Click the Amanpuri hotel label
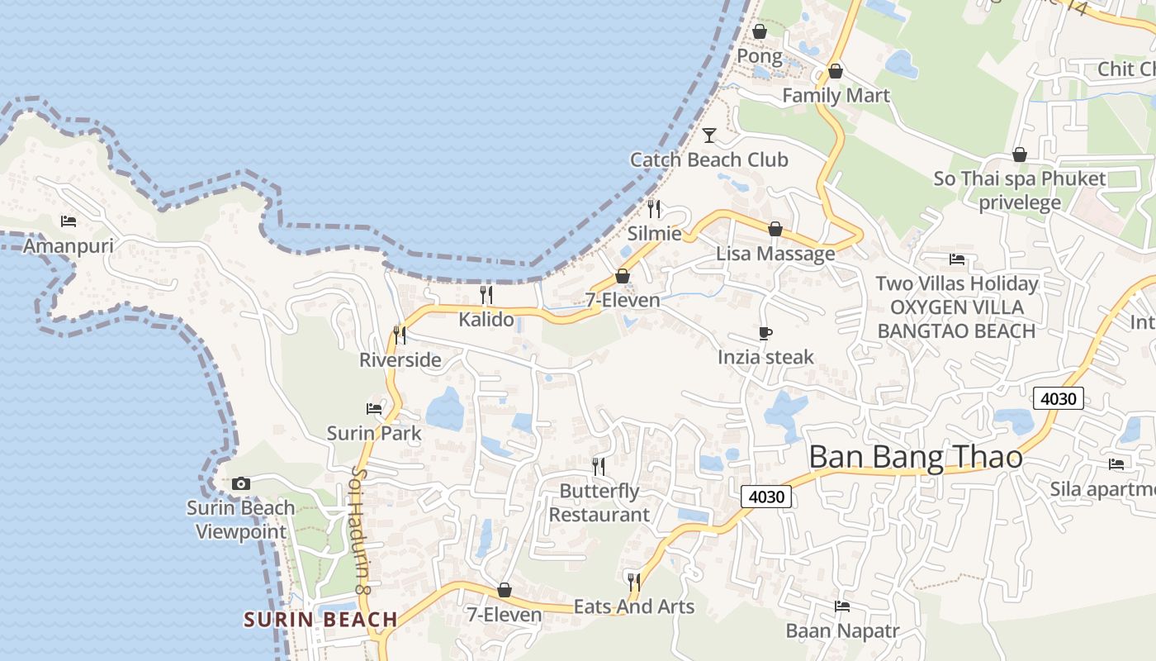(x=68, y=246)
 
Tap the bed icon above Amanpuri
(x=69, y=221)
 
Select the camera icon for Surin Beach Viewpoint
(x=240, y=483)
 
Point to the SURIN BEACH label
(x=320, y=619)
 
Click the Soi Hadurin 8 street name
(x=360, y=530)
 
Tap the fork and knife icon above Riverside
(x=400, y=335)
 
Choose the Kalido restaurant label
(x=486, y=319)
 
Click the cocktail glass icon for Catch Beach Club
(x=708, y=135)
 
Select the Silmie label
(x=654, y=233)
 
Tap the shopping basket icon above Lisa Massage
(x=775, y=229)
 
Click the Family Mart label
(x=836, y=96)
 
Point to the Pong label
(x=759, y=56)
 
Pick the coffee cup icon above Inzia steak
(x=765, y=333)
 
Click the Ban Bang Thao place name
(x=916, y=457)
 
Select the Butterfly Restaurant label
(x=599, y=502)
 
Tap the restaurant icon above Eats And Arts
(x=633, y=583)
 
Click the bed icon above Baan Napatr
(x=842, y=606)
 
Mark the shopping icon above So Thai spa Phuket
(x=1020, y=155)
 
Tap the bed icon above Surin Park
(x=374, y=408)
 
